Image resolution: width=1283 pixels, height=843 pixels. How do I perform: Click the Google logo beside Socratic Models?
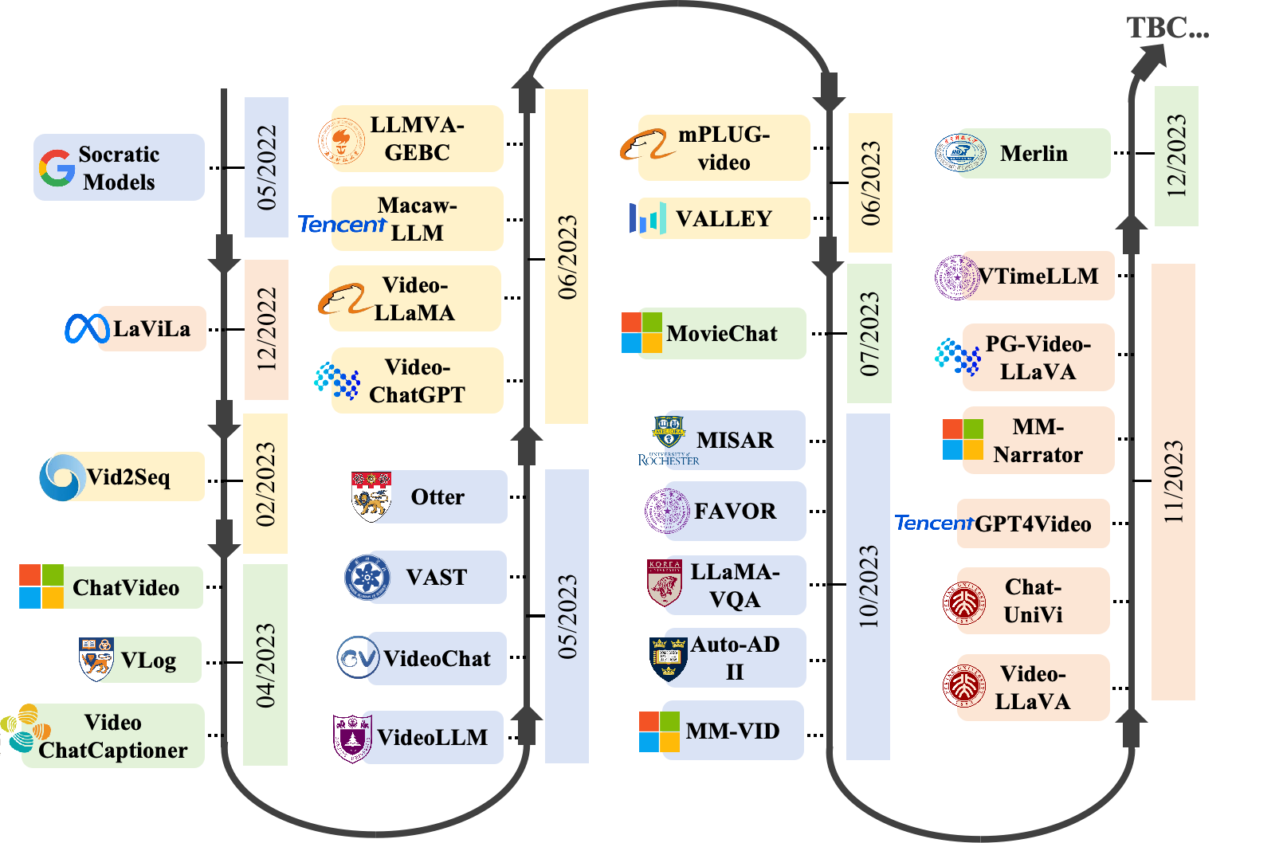tap(57, 168)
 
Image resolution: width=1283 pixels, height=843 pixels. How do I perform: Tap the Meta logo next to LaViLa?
tap(87, 329)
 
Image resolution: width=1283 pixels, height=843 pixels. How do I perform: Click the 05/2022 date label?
tap(266, 167)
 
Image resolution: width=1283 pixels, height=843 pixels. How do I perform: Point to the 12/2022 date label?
tap(266, 330)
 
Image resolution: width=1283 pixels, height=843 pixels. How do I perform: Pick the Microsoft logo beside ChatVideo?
tap(41, 586)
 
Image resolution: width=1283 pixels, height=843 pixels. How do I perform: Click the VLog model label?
tap(148, 660)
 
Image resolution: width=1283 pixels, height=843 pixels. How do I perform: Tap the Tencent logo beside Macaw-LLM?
tap(343, 224)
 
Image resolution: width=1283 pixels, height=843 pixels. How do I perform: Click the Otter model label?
tap(437, 497)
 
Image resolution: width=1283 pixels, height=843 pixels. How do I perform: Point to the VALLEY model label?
tap(724, 219)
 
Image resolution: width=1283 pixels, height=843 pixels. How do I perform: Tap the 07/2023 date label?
tap(869, 333)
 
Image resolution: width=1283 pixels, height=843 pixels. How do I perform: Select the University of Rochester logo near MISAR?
tap(669, 441)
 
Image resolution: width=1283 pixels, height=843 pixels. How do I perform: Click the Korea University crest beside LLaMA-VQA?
tap(665, 583)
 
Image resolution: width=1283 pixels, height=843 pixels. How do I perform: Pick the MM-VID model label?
tap(733, 731)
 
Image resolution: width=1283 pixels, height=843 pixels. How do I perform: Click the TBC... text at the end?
tap(1168, 27)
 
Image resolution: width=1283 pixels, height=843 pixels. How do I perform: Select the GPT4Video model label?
tap(1034, 524)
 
